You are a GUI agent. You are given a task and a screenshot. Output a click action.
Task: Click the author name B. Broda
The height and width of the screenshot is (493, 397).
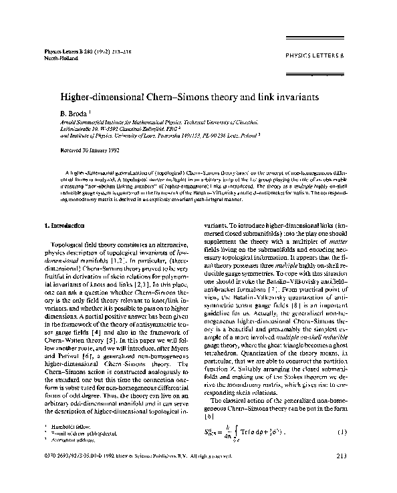pos(71,114)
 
